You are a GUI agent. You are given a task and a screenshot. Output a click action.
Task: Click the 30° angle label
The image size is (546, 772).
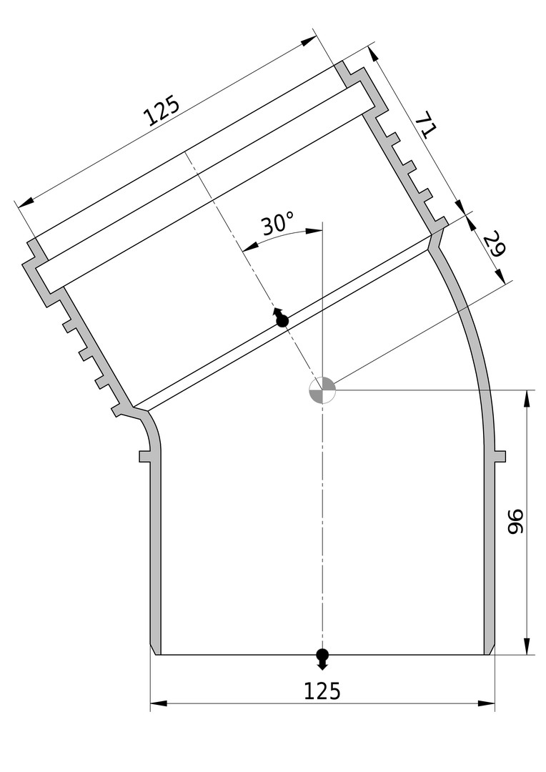pyautogui.click(x=278, y=224)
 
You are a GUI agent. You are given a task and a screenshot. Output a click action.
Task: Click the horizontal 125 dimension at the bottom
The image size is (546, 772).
pyautogui.click(x=322, y=691)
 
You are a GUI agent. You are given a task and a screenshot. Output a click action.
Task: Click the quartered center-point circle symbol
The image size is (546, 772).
pyautogui.click(x=322, y=390)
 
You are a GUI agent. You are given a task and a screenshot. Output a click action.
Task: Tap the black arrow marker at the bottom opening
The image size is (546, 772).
pyautogui.click(x=322, y=660)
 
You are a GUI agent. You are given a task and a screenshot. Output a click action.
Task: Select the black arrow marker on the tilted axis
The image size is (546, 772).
pyautogui.click(x=281, y=317)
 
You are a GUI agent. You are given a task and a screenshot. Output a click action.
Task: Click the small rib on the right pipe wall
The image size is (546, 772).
pyautogui.click(x=500, y=456)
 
